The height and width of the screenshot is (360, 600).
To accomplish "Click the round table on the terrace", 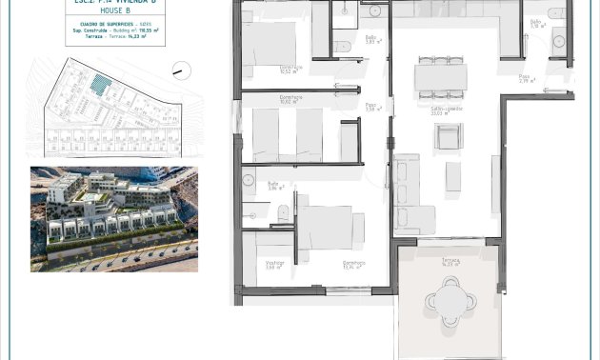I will pyautogui.click(x=447, y=301).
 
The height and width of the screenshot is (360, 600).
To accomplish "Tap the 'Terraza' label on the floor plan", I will pyautogui.click(x=450, y=259).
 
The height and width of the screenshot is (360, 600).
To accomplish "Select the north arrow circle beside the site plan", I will pyautogui.click(x=180, y=70).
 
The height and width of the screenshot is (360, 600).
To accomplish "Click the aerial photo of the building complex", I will pyautogui.click(x=113, y=219).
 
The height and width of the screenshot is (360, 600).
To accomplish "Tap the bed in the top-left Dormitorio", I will pyautogui.click(x=276, y=44).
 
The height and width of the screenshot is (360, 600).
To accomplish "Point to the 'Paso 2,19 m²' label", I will pyautogui.click(x=525, y=78).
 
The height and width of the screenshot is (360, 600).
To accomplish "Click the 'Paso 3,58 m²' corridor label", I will pyautogui.click(x=372, y=108).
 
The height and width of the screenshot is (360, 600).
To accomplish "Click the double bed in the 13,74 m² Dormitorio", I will pyautogui.click(x=329, y=229).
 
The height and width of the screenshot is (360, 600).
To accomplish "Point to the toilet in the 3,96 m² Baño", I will pyautogui.click(x=282, y=212).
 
